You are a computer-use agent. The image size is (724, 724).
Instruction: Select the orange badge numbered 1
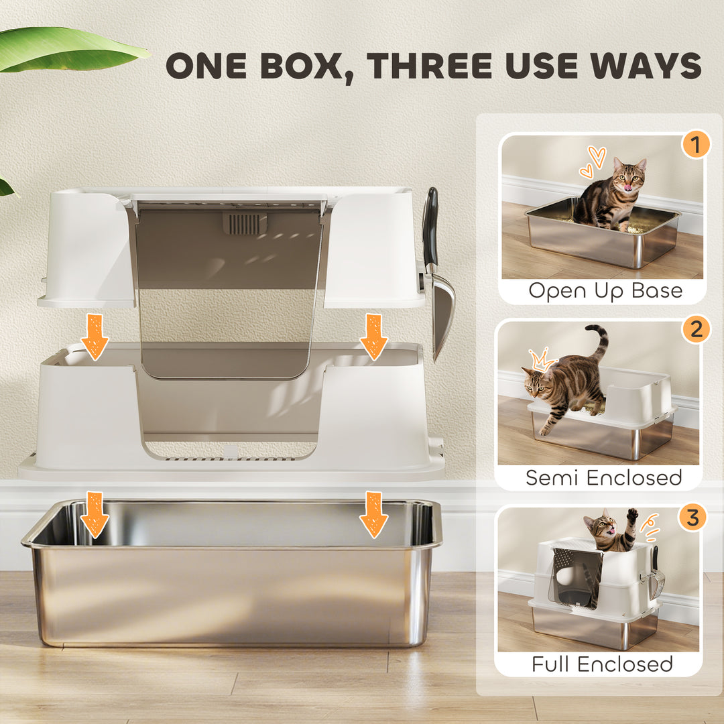click(695, 144)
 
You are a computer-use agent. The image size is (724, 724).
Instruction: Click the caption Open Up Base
click(605, 291)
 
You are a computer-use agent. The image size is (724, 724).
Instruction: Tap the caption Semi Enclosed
click(603, 477)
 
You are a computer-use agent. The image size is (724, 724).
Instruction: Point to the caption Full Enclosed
click(602, 664)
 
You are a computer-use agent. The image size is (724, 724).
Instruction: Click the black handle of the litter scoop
click(430, 225)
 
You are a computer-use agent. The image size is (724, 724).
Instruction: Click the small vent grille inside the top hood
click(245, 224)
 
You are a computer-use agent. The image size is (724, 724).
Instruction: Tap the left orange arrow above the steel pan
click(95, 514)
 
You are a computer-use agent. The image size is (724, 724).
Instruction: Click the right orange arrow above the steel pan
click(373, 514)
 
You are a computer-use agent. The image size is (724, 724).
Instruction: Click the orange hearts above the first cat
click(593, 162)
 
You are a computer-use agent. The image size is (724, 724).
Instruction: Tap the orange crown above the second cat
click(542, 361)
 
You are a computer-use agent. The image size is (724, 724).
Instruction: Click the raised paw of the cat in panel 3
click(631, 516)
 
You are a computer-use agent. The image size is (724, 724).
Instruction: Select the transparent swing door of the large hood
click(228, 322)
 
